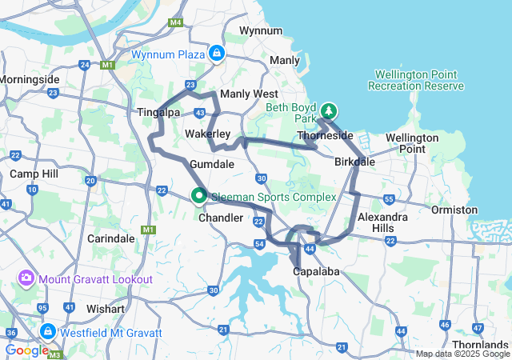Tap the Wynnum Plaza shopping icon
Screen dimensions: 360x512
pyautogui.click(x=215, y=54)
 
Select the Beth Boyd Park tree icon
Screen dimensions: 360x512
pyautogui.click(x=329, y=110)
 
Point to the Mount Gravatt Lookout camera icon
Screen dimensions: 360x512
pyautogui.click(x=26, y=278)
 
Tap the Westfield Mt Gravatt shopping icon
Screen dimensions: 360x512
pyautogui.click(x=47, y=331)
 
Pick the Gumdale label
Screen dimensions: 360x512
pyautogui.click(x=211, y=164)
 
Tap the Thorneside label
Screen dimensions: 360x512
pyautogui.click(x=325, y=135)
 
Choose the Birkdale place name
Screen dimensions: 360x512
pyautogui.click(x=354, y=162)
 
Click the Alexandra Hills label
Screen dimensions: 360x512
pyautogui.click(x=383, y=222)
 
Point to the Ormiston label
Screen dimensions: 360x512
pyautogui.click(x=454, y=209)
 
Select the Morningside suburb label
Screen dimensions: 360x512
pyautogui.click(x=30, y=80)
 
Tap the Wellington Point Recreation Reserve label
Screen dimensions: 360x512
pyautogui.click(x=415, y=80)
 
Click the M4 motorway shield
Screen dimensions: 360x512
pyautogui.click(x=175, y=23)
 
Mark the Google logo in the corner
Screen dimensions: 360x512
pyautogui.click(x=27, y=350)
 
